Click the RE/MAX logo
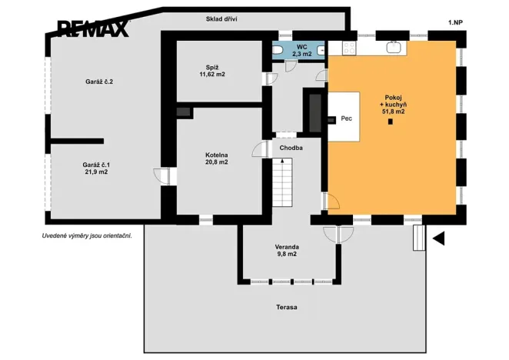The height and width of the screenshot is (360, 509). pos(93,28)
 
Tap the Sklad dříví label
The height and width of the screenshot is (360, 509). pos(221,19)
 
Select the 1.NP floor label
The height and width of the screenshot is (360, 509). pos(455,22)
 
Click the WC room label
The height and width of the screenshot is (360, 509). pos(302,47)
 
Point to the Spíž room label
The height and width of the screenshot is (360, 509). pos(212,67)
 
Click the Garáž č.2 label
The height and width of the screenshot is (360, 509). pos(99,82)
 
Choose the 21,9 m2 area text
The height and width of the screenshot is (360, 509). pos(96,172)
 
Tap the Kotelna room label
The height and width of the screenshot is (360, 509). pos(217,155)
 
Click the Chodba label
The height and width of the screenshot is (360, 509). pos(291,148)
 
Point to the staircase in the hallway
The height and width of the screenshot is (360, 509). pos(282,182)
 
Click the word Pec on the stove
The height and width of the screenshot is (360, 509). pos(346,118)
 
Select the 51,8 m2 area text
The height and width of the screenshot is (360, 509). pos(393,112)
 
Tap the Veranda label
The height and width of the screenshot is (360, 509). pos(287,247)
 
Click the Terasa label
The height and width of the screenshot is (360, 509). pos(287,307)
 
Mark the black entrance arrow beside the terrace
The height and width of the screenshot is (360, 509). pos(438,238)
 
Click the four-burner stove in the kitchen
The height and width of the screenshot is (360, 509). pos(349,48)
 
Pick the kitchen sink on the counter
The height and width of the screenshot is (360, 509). pos(394,47)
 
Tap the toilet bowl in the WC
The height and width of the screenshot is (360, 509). pos(278,50)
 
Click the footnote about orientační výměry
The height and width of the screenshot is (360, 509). pos(87,236)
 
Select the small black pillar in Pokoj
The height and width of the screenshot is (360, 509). pos(391,122)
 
